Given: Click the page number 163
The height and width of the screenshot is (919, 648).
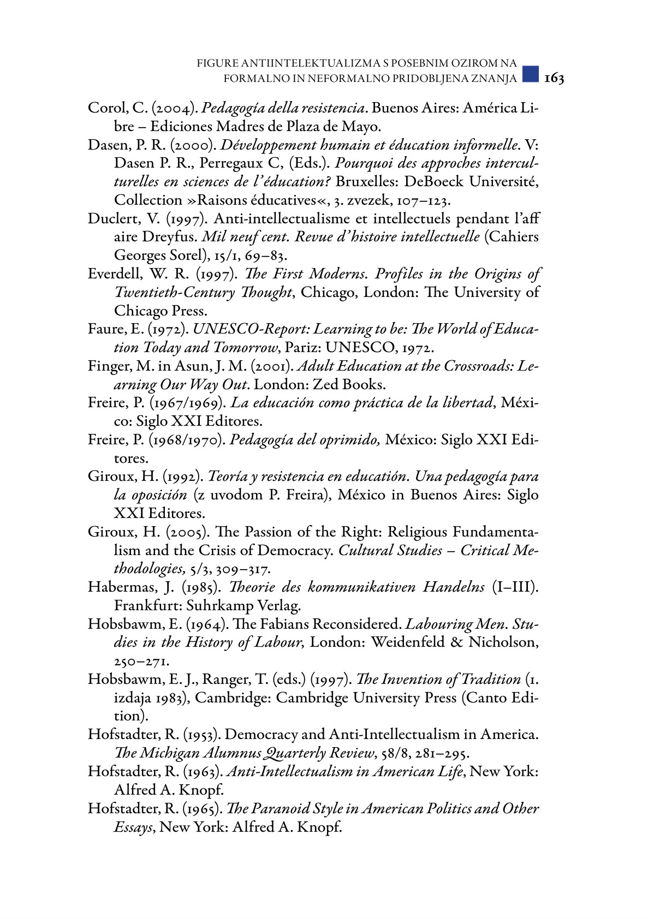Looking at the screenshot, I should (554, 79).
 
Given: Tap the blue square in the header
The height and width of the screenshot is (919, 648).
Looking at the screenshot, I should (530, 74).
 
